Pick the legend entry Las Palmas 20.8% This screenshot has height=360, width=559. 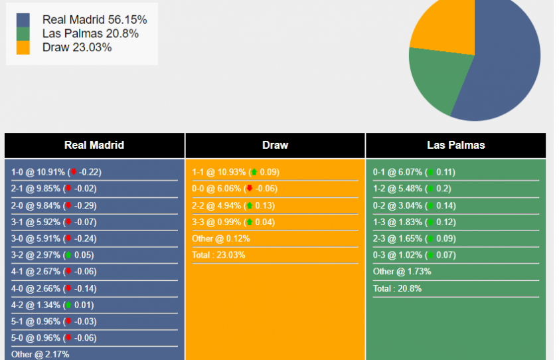[x=90, y=33]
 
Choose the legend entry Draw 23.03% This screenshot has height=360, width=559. [x=76, y=47]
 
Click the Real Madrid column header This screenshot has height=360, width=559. [x=94, y=145]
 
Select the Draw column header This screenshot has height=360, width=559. [x=275, y=145]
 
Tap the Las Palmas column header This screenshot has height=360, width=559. [x=455, y=145]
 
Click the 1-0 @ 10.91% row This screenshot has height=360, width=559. [x=56, y=172]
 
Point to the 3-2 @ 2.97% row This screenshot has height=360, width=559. [x=52, y=255]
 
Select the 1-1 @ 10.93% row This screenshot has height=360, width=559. [x=236, y=172]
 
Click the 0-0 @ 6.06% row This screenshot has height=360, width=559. [x=236, y=189]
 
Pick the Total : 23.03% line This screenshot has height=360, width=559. [x=218, y=255]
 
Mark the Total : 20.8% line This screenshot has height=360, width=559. [x=397, y=288]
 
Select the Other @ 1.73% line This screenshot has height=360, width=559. [x=402, y=272]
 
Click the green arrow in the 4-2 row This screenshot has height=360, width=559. [x=68, y=305]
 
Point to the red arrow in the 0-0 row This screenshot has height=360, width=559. [x=250, y=189]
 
